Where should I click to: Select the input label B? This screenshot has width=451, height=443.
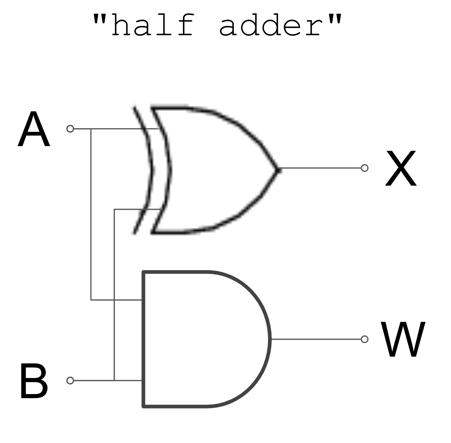[x=34, y=381]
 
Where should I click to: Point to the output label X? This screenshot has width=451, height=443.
[x=401, y=169]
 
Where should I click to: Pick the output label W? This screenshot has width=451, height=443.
[x=403, y=340]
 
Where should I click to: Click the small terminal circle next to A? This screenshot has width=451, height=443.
[x=70, y=129]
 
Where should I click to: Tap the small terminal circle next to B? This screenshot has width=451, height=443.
[x=70, y=381]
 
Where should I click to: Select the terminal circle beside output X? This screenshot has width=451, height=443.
[x=364, y=168]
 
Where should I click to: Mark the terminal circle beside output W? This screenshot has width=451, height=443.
[x=364, y=339]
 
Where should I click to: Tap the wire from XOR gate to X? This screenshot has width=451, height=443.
[x=319, y=168]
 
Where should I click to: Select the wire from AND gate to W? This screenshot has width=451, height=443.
[x=316, y=339]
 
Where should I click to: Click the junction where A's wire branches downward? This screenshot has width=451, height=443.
[x=91, y=129]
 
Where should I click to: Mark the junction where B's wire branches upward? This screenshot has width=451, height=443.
[x=114, y=381]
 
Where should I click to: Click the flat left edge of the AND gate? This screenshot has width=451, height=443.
[x=143, y=339]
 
